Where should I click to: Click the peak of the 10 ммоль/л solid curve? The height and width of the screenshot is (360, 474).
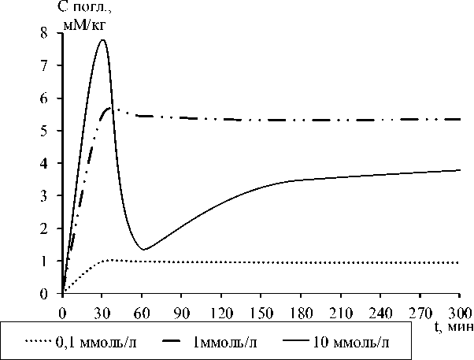(x=102, y=40)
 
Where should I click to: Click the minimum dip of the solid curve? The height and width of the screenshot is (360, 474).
(x=143, y=250)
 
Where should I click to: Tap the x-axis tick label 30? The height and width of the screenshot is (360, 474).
(x=102, y=311)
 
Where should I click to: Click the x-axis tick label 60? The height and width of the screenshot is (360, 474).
(x=143, y=311)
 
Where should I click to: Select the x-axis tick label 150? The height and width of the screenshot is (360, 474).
(x=261, y=311)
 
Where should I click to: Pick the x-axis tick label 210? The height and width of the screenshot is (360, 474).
(x=340, y=311)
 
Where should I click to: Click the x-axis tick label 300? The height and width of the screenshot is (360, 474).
(x=458, y=311)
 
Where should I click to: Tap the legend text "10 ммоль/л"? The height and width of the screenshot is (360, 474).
(x=351, y=343)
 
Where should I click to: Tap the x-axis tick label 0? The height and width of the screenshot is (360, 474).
(x=62, y=311)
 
